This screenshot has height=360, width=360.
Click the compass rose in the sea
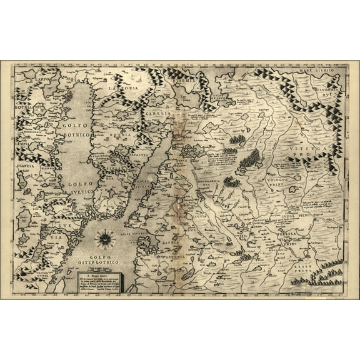[x=105, y=238]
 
